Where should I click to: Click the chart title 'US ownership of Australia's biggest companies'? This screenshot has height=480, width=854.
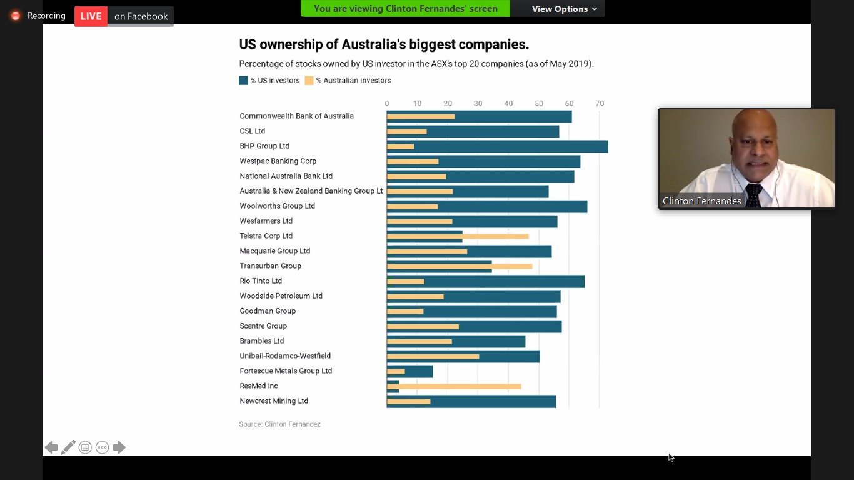pyautogui.click(x=384, y=44)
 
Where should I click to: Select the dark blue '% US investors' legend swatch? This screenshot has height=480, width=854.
pyautogui.click(x=243, y=81)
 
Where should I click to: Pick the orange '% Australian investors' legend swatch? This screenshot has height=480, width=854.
pyautogui.click(x=309, y=81)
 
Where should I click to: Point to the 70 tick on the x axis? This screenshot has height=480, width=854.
pyautogui.click(x=600, y=104)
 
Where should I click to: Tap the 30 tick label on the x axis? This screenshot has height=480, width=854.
pyautogui.click(x=478, y=104)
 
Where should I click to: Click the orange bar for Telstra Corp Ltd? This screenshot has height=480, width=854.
pyautogui.click(x=494, y=236)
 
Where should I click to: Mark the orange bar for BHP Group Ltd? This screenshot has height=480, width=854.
pyautogui.click(x=400, y=147)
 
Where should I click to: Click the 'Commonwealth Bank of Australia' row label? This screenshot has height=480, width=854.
pyautogui.click(x=296, y=116)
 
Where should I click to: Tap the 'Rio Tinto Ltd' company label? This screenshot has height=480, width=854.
pyautogui.click(x=261, y=281)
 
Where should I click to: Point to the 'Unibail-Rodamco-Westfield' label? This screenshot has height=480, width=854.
pyautogui.click(x=285, y=356)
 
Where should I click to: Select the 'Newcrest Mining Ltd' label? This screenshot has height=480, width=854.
pyautogui.click(x=274, y=401)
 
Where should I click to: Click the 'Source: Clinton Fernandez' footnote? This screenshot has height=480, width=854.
pyautogui.click(x=279, y=424)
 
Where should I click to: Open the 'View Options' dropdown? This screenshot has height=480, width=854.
pyautogui.click(x=564, y=9)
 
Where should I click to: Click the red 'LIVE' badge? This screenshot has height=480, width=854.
pyautogui.click(x=91, y=16)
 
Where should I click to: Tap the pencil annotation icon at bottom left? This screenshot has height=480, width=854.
pyautogui.click(x=68, y=447)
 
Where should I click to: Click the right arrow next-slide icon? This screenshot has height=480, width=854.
pyautogui.click(x=119, y=447)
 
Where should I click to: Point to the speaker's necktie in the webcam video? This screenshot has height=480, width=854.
pyautogui.click(x=754, y=196)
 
